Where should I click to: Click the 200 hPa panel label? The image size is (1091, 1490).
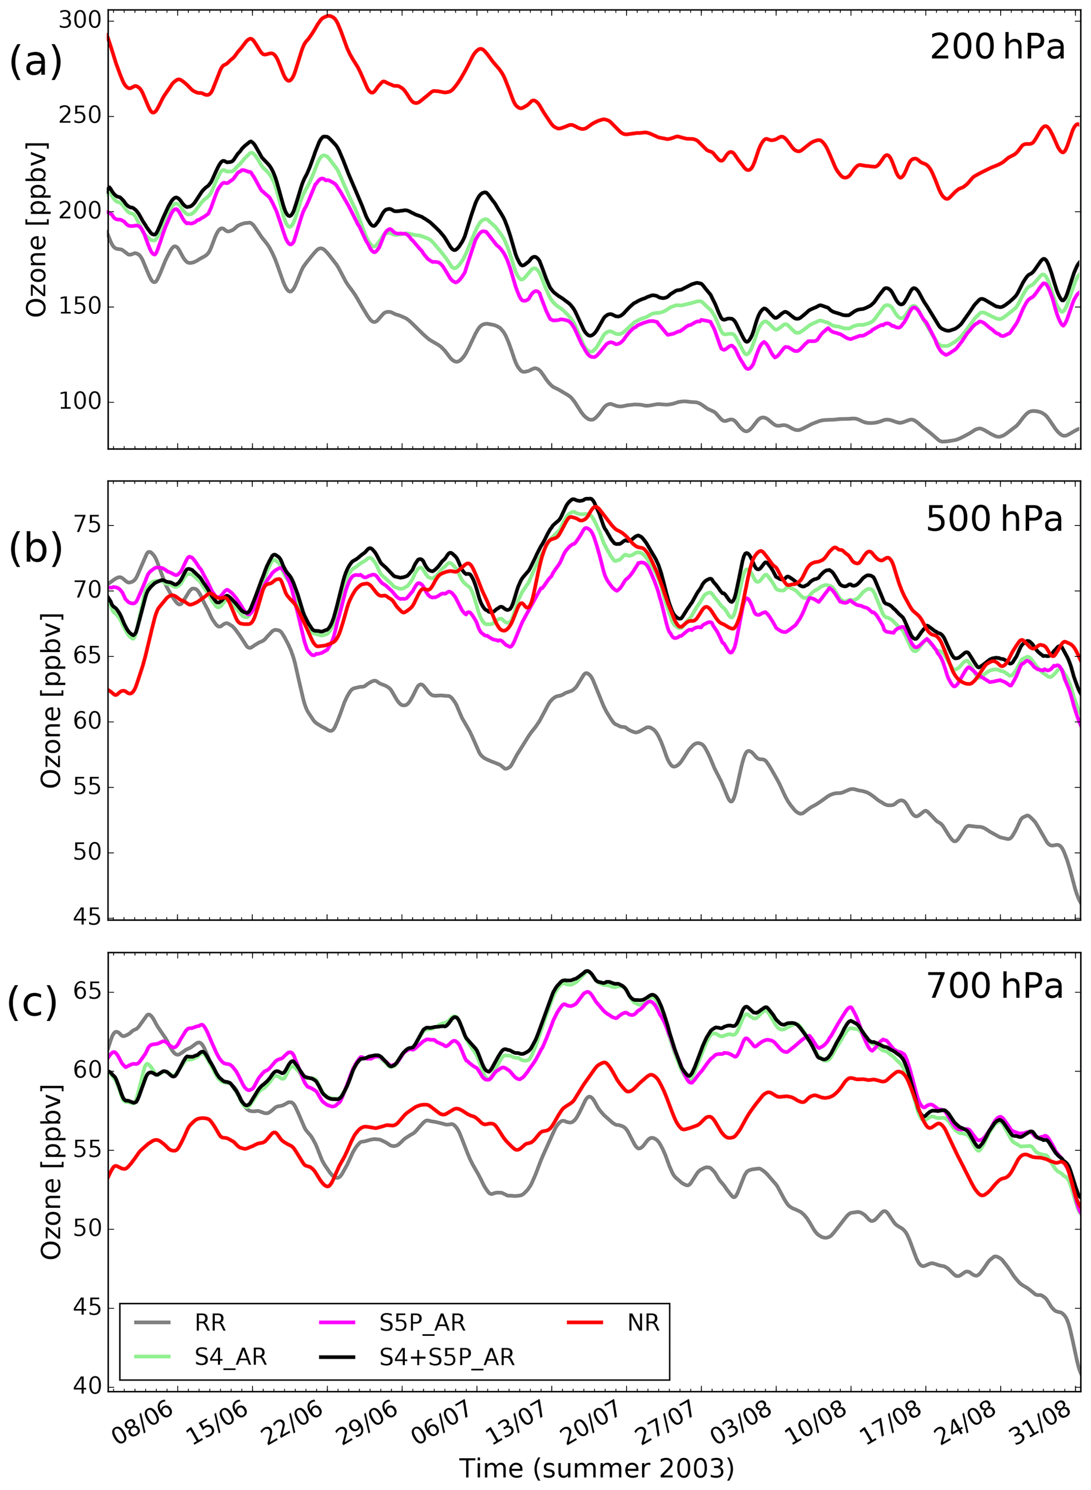997,47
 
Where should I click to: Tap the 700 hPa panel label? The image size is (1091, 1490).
994,986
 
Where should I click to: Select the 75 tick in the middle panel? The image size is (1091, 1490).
87,526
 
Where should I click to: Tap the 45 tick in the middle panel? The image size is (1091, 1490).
87,917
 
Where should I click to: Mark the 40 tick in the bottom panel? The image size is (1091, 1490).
87,1386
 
